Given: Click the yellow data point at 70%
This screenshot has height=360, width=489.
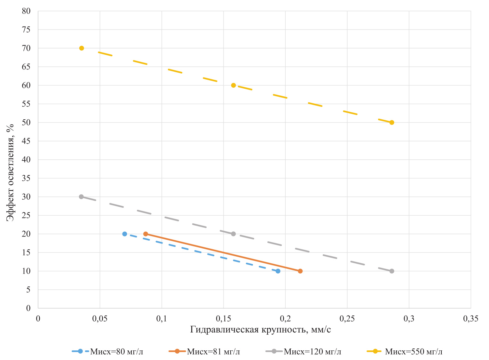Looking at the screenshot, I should (82, 48).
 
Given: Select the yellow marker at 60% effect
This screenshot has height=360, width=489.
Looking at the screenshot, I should (233, 85).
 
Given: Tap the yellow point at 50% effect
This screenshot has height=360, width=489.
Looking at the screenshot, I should (392, 122).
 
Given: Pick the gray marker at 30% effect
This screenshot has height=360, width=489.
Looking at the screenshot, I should (81, 196).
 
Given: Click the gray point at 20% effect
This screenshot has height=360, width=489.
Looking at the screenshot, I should (233, 234).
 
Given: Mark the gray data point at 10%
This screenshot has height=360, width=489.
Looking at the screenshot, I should (392, 271).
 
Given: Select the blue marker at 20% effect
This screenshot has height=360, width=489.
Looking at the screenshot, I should (125, 234).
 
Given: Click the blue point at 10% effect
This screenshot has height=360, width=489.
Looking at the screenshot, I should (278, 271).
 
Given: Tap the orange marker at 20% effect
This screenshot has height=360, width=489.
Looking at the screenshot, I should (146, 234).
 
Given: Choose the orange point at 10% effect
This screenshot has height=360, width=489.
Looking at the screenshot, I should (300, 271).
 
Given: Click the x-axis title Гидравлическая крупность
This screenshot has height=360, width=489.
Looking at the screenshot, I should (260, 330).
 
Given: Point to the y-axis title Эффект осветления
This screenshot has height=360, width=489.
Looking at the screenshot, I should (10, 172).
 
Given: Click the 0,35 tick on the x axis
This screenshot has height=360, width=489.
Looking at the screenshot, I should (470, 319).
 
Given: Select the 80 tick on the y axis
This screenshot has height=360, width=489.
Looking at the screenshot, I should (26, 11).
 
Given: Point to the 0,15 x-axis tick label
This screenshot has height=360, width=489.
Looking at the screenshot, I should (223, 319).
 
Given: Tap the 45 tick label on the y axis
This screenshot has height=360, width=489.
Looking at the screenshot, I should (26, 141).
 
